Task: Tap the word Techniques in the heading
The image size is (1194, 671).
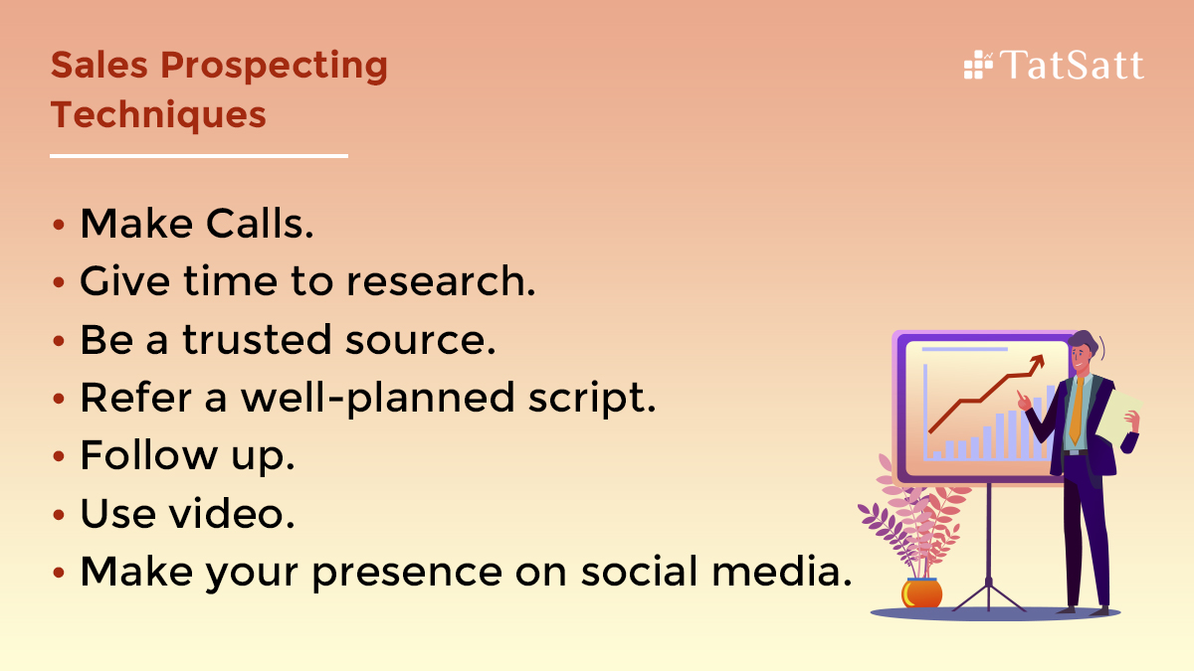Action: click(158, 114)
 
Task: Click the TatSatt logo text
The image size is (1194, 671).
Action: click(1072, 66)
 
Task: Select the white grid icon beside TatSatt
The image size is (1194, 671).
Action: click(978, 65)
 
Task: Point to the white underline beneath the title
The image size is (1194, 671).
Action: click(199, 156)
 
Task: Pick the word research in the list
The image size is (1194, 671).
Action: click(441, 282)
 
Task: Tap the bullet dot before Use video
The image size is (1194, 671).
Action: click(61, 515)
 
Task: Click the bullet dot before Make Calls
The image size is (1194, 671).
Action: click(61, 226)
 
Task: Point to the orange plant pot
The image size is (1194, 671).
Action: click(922, 592)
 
